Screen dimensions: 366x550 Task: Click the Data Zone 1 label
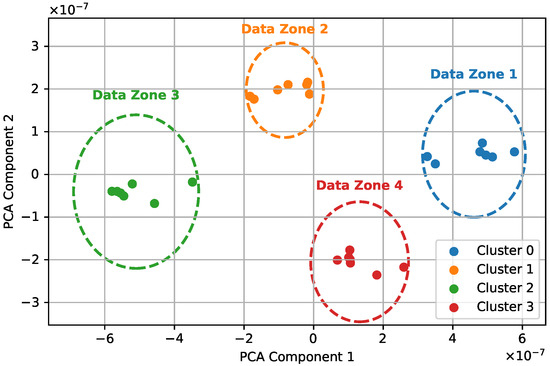pos(474,74)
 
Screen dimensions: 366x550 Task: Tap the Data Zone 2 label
pos(284,29)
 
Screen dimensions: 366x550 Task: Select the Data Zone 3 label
pos(136,95)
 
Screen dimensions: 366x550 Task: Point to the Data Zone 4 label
pos(360,185)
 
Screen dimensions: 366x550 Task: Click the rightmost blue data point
pos(514,152)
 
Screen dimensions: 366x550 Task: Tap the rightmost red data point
pos(404,267)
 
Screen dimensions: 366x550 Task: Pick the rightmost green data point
pos(192,182)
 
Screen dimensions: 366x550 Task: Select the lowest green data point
pos(154,204)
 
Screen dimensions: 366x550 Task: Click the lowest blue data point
pos(435,163)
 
